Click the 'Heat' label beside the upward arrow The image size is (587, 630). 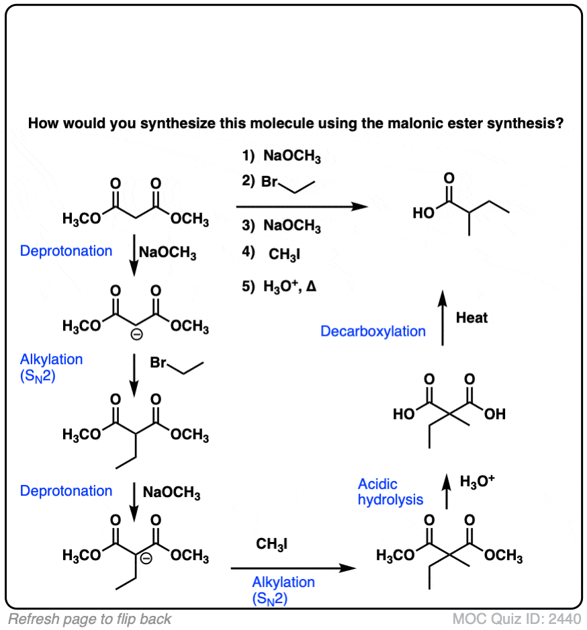click(x=471, y=318)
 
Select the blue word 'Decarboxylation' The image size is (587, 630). click(x=373, y=331)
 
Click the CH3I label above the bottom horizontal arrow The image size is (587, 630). click(x=272, y=544)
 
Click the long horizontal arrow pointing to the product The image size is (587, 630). click(x=302, y=207)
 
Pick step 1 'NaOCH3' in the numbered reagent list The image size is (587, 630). click(x=282, y=159)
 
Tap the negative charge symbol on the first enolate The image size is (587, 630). click(x=136, y=338)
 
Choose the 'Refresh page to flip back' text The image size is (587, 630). click(x=89, y=619)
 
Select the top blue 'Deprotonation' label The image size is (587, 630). click(x=66, y=251)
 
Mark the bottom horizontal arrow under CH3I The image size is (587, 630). click(x=292, y=569)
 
